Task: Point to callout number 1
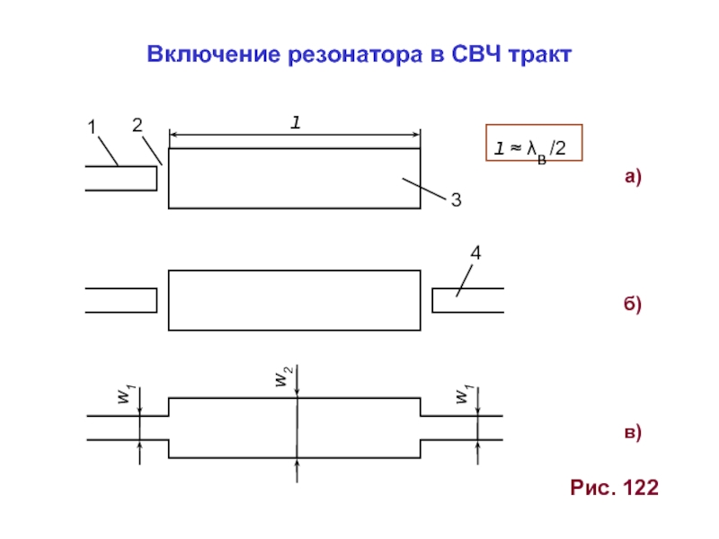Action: (x=91, y=128)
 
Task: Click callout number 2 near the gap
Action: (x=137, y=127)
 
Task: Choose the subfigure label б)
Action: (x=633, y=305)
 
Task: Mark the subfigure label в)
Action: (x=633, y=433)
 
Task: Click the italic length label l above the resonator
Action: (x=294, y=124)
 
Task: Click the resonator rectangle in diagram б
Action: (x=295, y=299)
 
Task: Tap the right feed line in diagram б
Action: (x=467, y=300)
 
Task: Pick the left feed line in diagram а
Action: (x=120, y=178)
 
